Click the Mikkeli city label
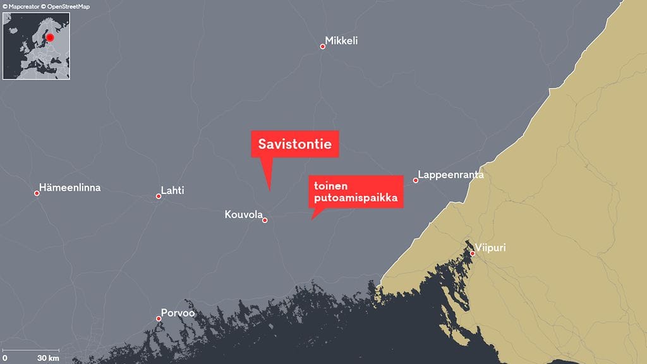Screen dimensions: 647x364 342,41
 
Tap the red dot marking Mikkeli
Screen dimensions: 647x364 322,46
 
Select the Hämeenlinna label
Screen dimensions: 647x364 70,188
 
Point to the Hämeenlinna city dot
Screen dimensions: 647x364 37,193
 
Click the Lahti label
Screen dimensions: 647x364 172,190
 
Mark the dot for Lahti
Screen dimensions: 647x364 159,196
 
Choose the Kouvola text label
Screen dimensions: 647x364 243,215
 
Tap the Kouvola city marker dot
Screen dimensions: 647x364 265,220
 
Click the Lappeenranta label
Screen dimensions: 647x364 450,175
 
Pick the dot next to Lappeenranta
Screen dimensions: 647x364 415,180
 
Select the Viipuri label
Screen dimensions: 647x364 490,248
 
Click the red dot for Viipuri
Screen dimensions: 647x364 472,253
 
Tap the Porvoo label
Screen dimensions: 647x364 178,313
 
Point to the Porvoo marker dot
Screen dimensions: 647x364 159,318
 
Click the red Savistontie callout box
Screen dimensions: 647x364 295,144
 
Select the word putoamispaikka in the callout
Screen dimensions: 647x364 353,198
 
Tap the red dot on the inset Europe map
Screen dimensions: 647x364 51,37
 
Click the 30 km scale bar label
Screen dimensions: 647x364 48,358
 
